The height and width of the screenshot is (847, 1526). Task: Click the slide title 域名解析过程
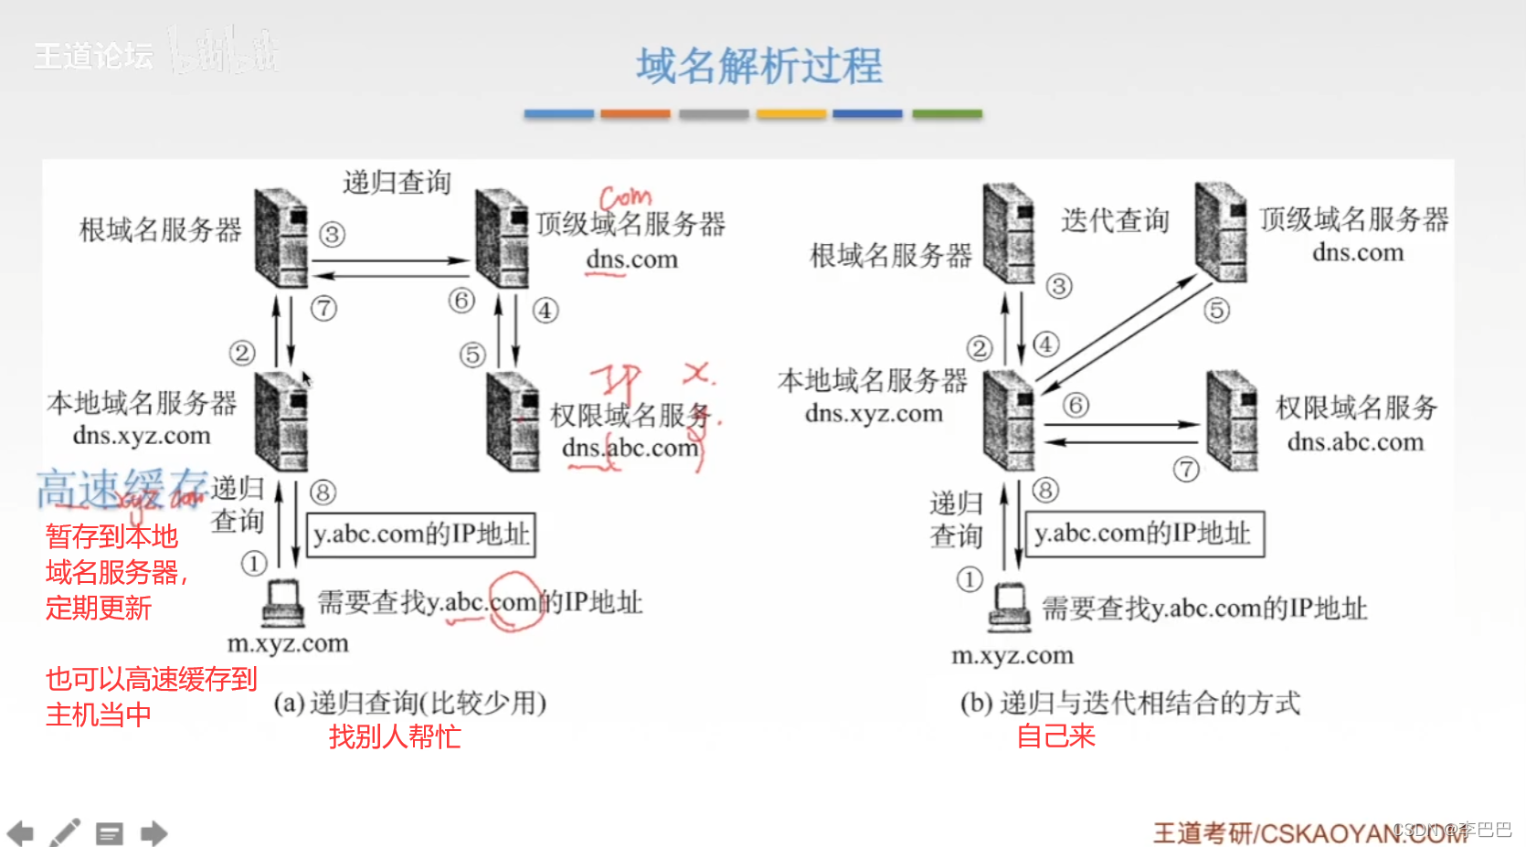pyautogui.click(x=759, y=67)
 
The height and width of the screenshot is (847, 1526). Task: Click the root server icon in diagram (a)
pyautogui.click(x=281, y=238)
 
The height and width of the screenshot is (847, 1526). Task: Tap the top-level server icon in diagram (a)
pyautogui.click(x=501, y=238)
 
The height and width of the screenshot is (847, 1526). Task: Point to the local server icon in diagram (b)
pyautogui.click(x=1009, y=420)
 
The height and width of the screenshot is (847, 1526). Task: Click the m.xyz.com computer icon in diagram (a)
pyautogui.click(x=282, y=604)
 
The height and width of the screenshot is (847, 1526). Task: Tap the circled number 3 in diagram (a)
pyautogui.click(x=332, y=235)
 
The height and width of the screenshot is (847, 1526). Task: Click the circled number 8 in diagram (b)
pyautogui.click(x=1045, y=491)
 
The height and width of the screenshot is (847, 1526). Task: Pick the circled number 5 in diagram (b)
pyautogui.click(x=1216, y=311)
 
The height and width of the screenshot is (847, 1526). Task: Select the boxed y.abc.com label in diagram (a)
pyautogui.click(x=420, y=535)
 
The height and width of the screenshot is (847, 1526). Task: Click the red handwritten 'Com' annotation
pyautogui.click(x=626, y=197)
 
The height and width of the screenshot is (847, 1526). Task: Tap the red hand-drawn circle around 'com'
pyautogui.click(x=515, y=600)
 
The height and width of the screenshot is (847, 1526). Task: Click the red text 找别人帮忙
pyautogui.click(x=395, y=736)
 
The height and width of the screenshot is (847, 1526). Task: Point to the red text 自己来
pyautogui.click(x=1055, y=736)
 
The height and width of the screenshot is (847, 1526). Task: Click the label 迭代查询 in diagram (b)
pyautogui.click(x=1115, y=220)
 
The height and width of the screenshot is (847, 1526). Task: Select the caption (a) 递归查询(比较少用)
pyautogui.click(x=409, y=703)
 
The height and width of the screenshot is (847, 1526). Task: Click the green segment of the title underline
pyautogui.click(x=947, y=114)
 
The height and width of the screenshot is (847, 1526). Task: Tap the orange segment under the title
pyautogui.click(x=635, y=114)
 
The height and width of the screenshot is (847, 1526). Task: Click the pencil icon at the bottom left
pyautogui.click(x=65, y=832)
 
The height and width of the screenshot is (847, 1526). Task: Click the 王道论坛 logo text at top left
pyautogui.click(x=93, y=56)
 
